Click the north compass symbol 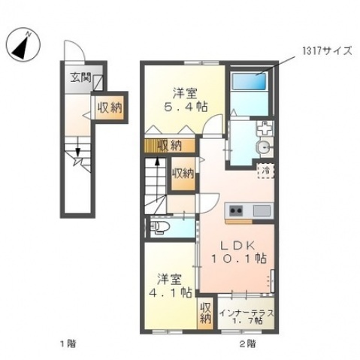[x=23, y=45]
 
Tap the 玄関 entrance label [x=80, y=78]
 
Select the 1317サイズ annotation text [x=327, y=51]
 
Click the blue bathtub [x=249, y=81]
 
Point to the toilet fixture [x=160, y=228]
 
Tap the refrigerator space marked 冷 [x=265, y=171]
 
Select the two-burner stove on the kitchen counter [x=236, y=210]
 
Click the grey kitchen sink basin [x=262, y=210]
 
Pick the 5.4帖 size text [x=186, y=107]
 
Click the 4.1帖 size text [x=171, y=292]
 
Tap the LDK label [x=237, y=246]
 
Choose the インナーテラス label [x=247, y=313]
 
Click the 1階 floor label [x=68, y=343]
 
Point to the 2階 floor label [x=247, y=343]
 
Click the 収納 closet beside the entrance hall [x=110, y=107]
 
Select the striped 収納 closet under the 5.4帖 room [x=170, y=145]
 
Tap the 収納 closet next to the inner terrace [x=205, y=313]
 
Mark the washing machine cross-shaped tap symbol [x=265, y=129]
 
